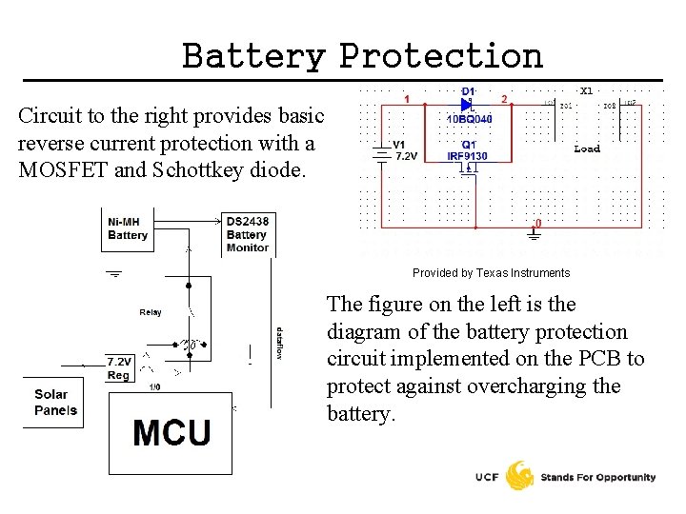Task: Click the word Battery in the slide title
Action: click(x=253, y=56)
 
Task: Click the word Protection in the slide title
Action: click(x=441, y=56)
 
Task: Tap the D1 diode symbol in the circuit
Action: click(x=467, y=105)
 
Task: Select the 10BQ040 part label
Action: click(x=470, y=120)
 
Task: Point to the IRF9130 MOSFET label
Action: click(x=467, y=156)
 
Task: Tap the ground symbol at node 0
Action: click(x=534, y=234)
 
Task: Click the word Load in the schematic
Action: click(x=587, y=148)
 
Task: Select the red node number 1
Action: click(x=407, y=98)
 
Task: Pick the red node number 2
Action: click(x=504, y=98)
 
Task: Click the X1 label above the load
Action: click(x=586, y=90)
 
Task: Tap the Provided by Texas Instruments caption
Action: click(x=491, y=273)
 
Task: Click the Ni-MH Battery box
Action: click(x=128, y=228)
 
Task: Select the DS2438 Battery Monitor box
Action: click(x=247, y=234)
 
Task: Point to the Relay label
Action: click(x=151, y=312)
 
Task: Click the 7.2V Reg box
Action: click(x=119, y=368)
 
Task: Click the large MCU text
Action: click(x=171, y=432)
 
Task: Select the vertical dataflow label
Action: click(x=279, y=343)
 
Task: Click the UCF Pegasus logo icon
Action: click(x=519, y=476)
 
